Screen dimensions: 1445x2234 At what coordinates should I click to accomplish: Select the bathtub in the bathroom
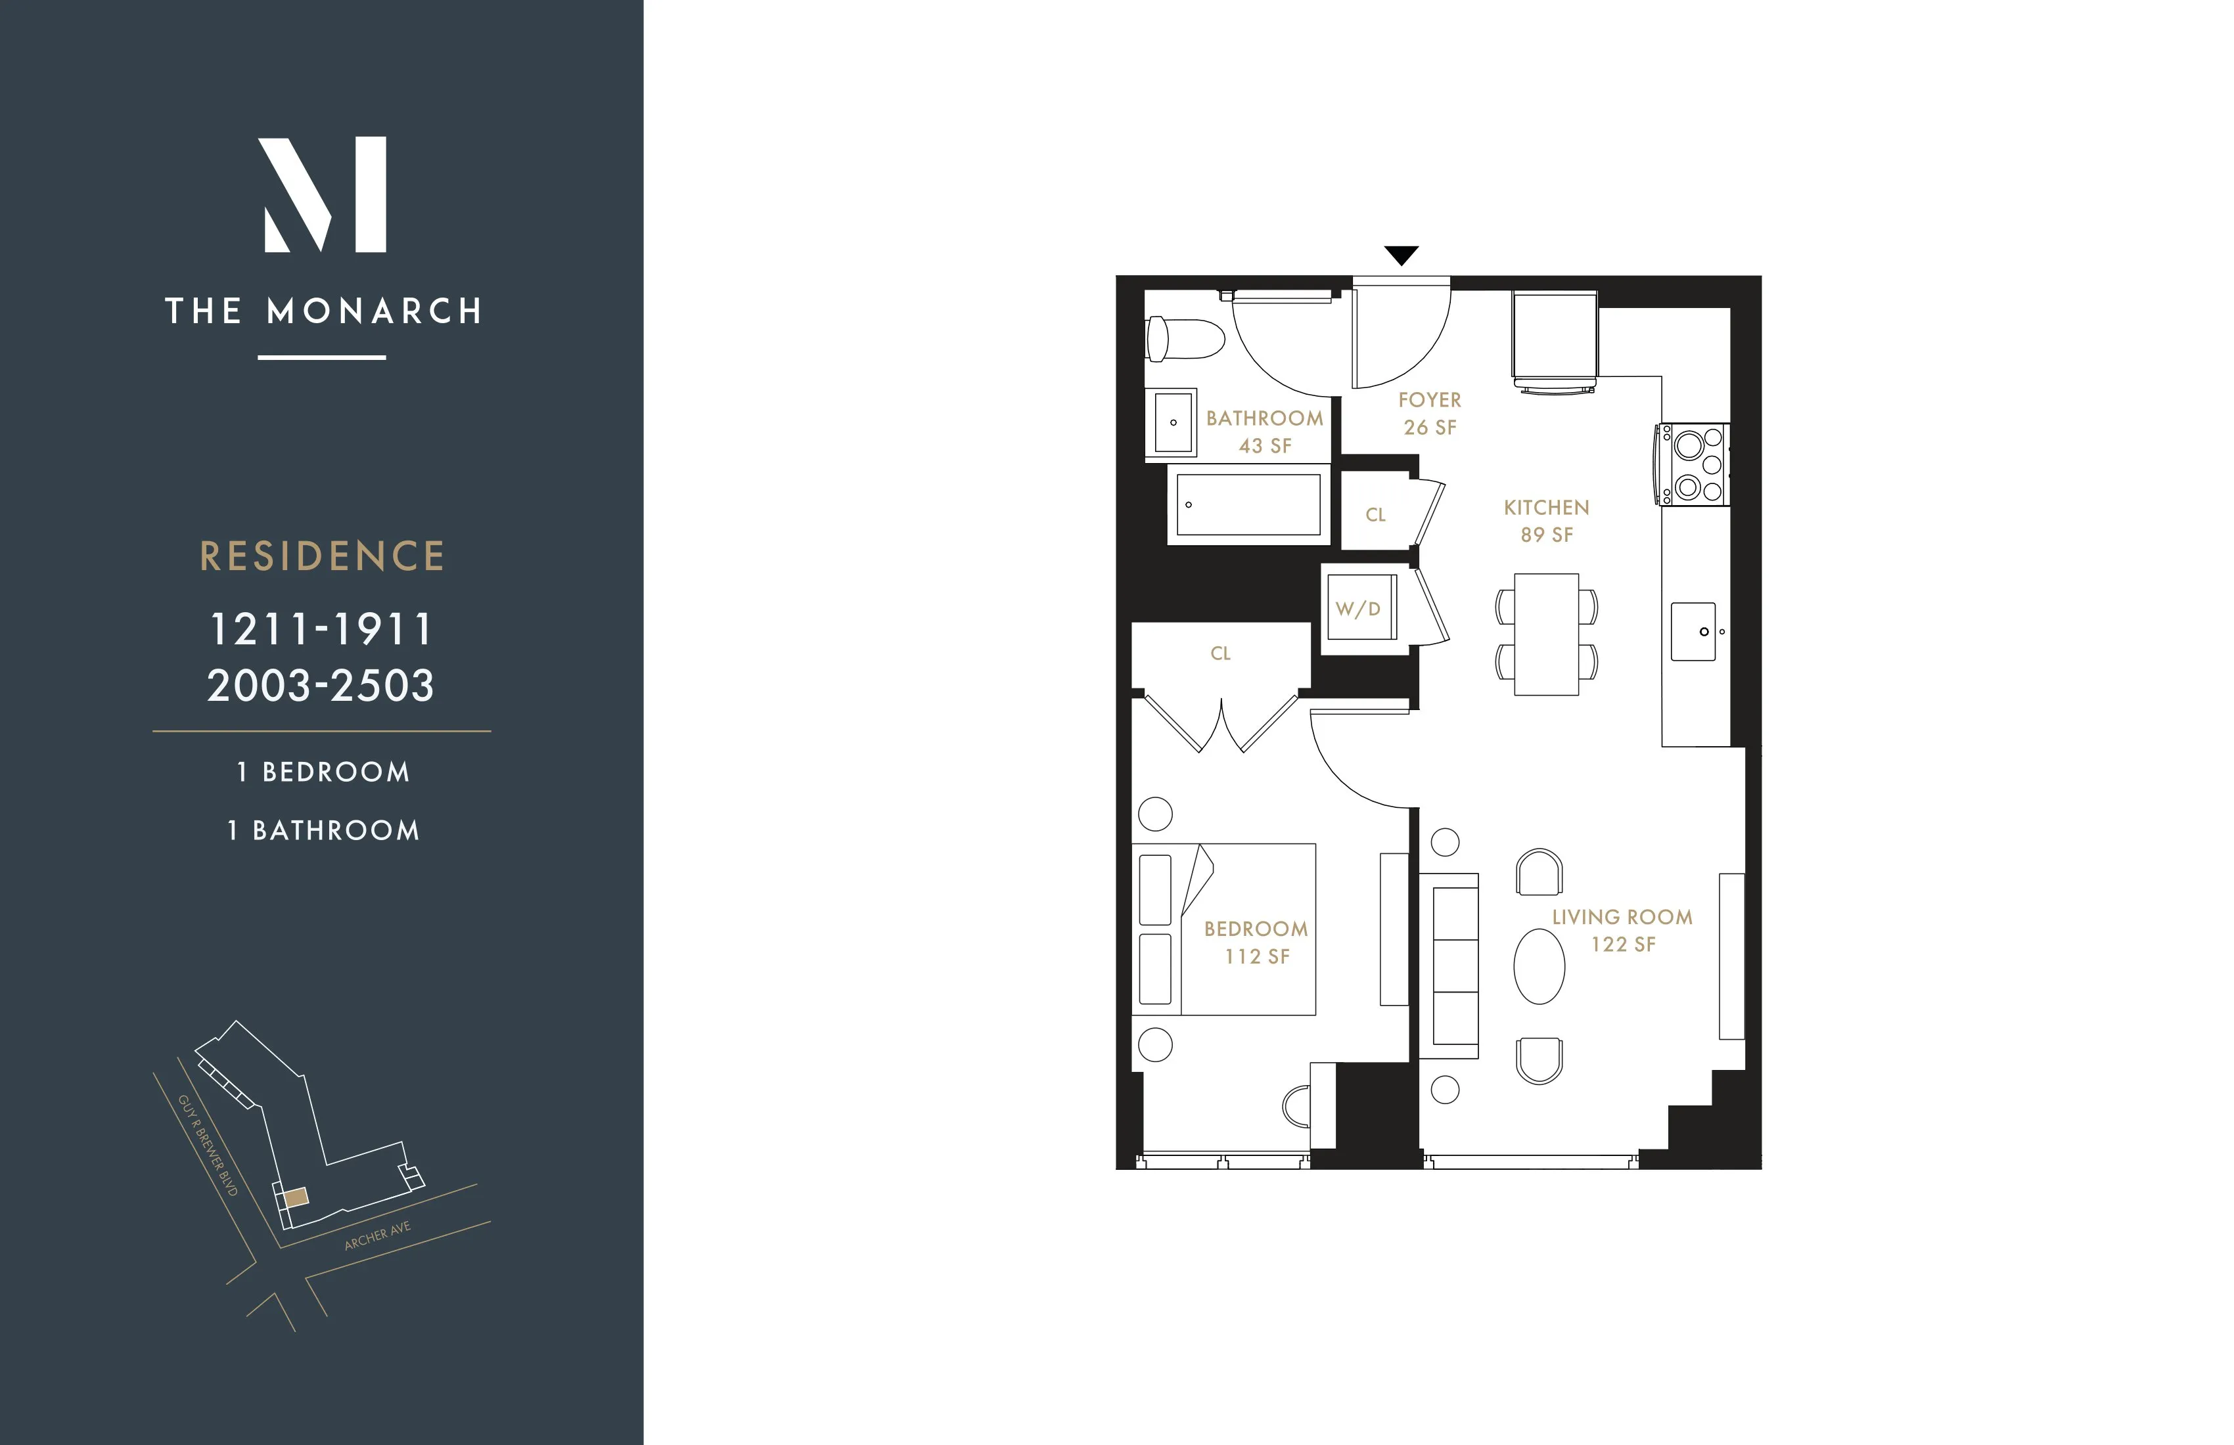tap(1248, 505)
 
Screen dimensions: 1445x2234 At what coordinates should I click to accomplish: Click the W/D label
tap(1357, 609)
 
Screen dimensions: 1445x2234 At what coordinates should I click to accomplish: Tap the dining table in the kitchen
tap(1546, 634)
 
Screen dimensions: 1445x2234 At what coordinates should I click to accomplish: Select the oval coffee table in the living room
tap(1539, 966)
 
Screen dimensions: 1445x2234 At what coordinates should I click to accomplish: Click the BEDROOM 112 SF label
tap(1256, 942)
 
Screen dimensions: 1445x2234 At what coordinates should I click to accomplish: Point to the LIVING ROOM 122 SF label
tap(1622, 930)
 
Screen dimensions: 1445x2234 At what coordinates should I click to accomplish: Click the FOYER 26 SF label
tap(1430, 413)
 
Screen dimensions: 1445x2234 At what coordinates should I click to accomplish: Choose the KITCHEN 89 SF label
tap(1546, 521)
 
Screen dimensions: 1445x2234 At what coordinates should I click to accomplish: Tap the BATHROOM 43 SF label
tap(1264, 432)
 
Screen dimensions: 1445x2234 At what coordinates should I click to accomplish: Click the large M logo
tap(322, 194)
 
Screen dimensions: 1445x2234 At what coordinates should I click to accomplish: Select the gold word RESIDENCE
tap(322, 556)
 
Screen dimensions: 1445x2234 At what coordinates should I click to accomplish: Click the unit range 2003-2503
tap(321, 686)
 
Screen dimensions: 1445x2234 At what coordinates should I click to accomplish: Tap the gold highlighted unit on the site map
tap(296, 1197)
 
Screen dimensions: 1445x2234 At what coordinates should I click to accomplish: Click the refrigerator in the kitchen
tap(1555, 336)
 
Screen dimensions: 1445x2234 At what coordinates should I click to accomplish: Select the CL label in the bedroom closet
tap(1220, 653)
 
